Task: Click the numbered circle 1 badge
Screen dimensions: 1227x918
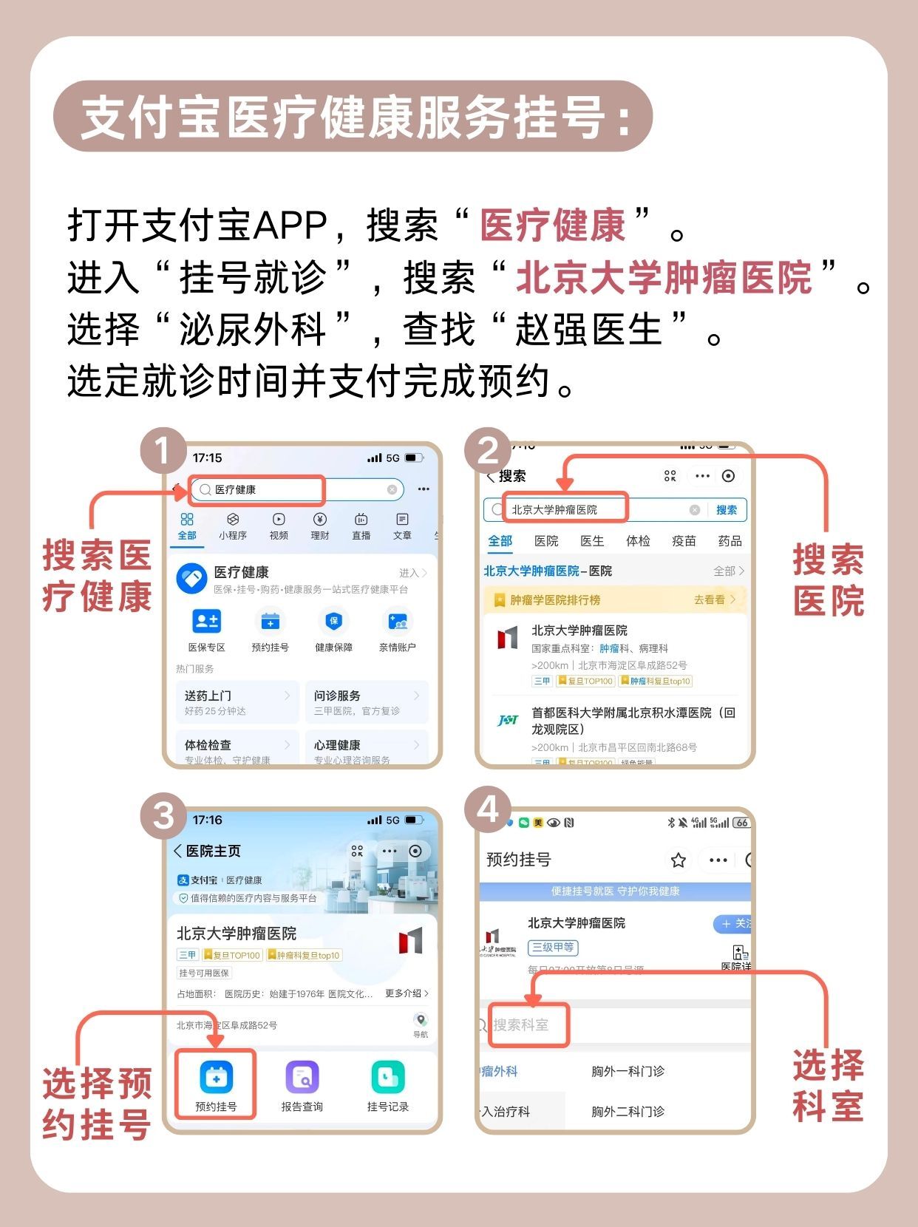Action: tap(163, 450)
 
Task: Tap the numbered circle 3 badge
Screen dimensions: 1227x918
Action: tap(163, 816)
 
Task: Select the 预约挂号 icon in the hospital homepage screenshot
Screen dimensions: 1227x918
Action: tap(216, 1078)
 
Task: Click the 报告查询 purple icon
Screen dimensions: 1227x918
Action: tap(302, 1078)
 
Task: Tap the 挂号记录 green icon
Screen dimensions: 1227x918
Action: tap(387, 1078)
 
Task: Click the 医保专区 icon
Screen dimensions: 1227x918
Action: tap(206, 622)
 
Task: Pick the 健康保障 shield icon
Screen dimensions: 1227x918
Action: tap(333, 622)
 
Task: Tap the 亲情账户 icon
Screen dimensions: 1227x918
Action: tap(397, 622)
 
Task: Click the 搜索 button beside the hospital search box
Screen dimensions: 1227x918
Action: tap(727, 510)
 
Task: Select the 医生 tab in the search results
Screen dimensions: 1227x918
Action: tap(592, 541)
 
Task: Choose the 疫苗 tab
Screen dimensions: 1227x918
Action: tap(684, 541)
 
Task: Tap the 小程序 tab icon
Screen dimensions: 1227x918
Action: tap(233, 526)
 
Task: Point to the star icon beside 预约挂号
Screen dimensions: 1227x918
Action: tap(678, 860)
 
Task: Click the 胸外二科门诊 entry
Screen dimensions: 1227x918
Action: tap(628, 1111)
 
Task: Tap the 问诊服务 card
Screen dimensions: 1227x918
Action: tap(367, 702)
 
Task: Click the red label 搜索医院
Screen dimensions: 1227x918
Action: tap(829, 581)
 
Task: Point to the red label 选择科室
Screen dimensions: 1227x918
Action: tap(829, 1086)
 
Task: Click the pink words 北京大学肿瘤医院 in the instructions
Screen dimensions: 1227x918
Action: tap(664, 279)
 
